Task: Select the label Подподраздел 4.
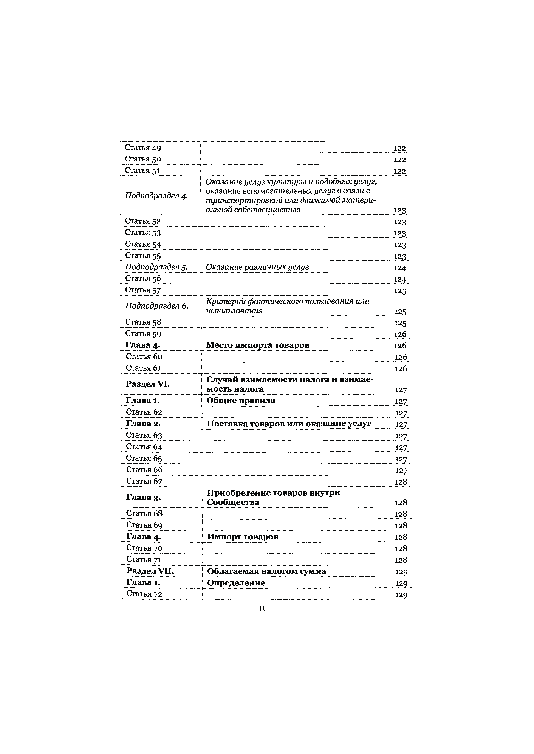click(x=156, y=196)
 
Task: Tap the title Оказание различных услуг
click(x=257, y=267)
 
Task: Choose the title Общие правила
click(x=241, y=401)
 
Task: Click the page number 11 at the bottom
click(x=262, y=608)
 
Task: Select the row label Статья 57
click(x=143, y=290)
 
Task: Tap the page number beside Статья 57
click(x=400, y=291)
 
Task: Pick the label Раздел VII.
click(x=150, y=571)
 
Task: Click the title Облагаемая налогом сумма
click(x=266, y=571)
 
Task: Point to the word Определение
click(x=236, y=583)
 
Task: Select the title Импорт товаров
click(x=243, y=537)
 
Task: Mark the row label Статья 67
click(x=144, y=481)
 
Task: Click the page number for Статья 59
click(x=400, y=334)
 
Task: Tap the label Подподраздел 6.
click(x=156, y=306)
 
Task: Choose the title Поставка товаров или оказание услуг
click(x=289, y=424)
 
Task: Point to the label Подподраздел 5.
click(x=156, y=267)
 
